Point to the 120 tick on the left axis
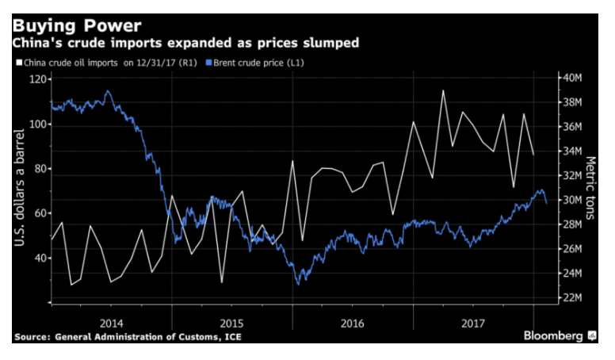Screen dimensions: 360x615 click(x=35, y=79)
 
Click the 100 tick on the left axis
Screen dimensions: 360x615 click(x=35, y=124)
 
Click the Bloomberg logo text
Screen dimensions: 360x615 click(x=554, y=335)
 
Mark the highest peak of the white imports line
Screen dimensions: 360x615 click(x=442, y=90)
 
